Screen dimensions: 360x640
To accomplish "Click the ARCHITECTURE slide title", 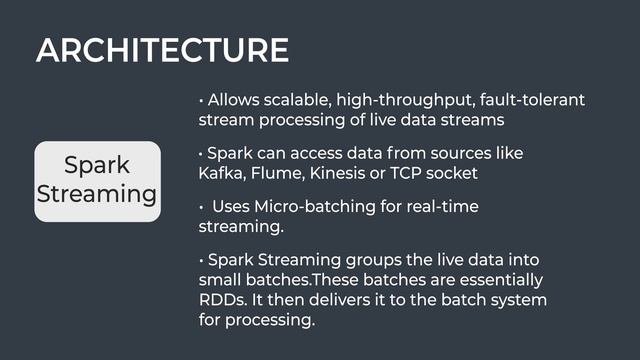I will [x=162, y=50].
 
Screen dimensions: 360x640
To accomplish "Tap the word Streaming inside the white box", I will [x=97, y=193].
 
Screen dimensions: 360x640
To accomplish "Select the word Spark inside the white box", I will [x=97, y=165].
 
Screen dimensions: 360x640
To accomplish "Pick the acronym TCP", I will [x=416, y=173].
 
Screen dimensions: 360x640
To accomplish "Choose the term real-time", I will [x=441, y=207].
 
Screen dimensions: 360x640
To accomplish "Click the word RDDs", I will [x=225, y=300].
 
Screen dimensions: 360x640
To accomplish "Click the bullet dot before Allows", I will [x=202, y=102].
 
